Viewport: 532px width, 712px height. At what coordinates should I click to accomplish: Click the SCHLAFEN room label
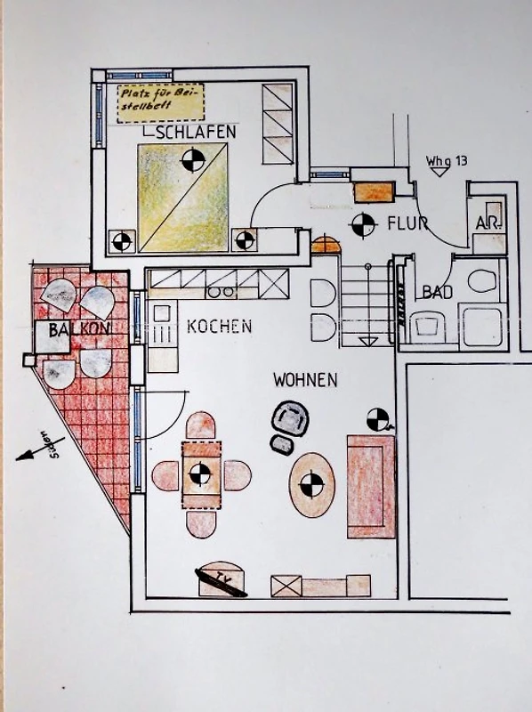[196, 132]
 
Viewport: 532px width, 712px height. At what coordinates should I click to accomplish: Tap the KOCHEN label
[219, 327]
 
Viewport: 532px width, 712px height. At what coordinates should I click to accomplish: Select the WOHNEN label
[305, 380]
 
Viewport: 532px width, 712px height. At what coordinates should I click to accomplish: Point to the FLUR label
[407, 223]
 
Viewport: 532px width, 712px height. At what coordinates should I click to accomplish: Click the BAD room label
[438, 293]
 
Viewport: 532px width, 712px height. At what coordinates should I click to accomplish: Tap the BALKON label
[79, 329]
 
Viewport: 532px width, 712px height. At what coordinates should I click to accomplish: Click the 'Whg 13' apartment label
[447, 161]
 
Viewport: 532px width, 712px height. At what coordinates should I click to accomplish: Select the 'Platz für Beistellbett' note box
[160, 103]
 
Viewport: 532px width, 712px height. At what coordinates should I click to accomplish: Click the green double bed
[182, 198]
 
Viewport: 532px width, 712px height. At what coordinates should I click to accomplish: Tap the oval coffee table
[312, 484]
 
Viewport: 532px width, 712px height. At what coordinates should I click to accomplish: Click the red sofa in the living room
[371, 486]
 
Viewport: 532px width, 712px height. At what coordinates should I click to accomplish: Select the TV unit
[222, 579]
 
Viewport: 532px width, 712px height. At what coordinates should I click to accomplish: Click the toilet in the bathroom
[482, 281]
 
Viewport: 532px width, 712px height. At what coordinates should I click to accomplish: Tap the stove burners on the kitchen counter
[222, 291]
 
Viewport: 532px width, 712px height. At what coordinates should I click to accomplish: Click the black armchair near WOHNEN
[290, 418]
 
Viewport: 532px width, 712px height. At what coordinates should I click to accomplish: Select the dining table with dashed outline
[201, 475]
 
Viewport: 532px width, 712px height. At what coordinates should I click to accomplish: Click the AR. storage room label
[488, 223]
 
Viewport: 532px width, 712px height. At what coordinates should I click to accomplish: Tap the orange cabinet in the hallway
[374, 192]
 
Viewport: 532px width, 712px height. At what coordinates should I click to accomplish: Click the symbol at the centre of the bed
[193, 159]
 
